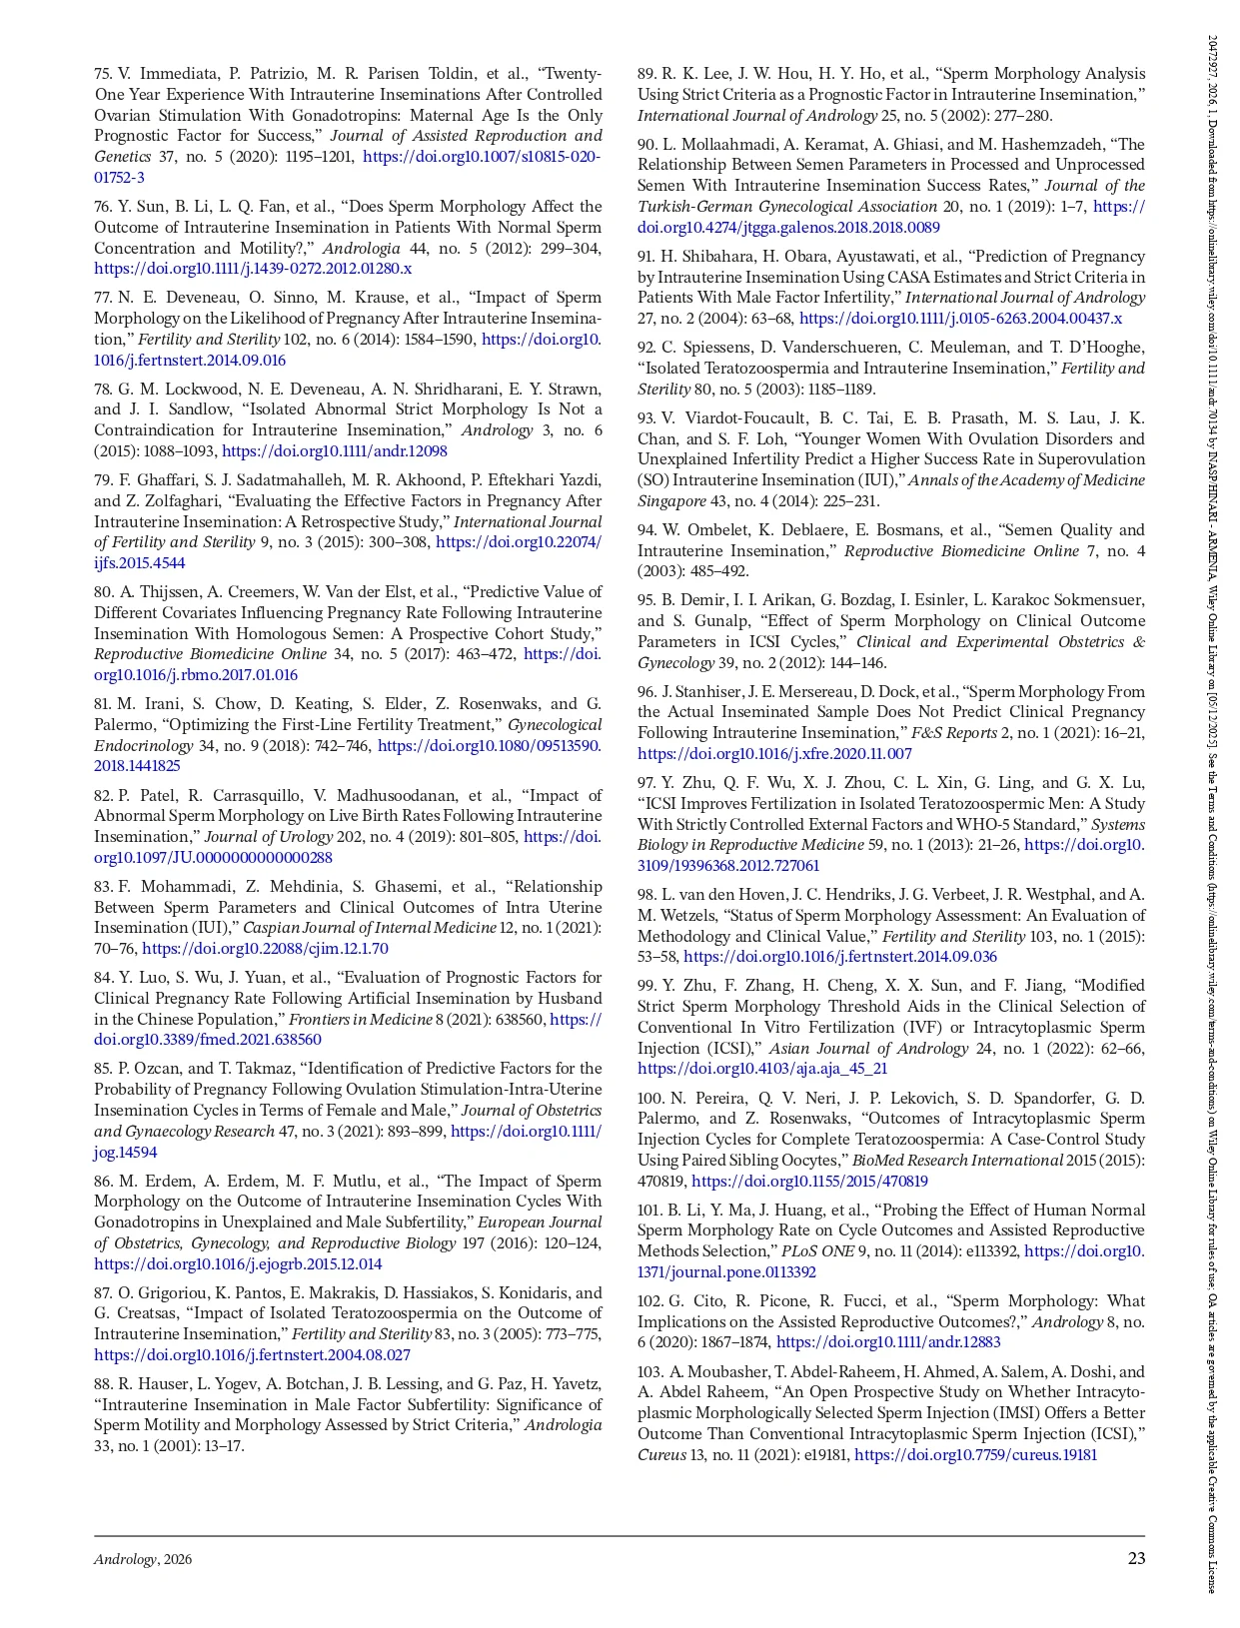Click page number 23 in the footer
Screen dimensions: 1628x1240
pos(1136,1558)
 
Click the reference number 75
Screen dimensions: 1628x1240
pos(103,74)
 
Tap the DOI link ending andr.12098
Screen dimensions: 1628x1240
pos(335,451)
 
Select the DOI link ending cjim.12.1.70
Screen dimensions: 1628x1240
pos(265,949)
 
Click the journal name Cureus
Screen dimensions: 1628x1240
pos(660,1455)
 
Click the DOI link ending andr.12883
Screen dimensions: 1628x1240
pos(888,1343)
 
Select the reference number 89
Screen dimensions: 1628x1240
pos(646,74)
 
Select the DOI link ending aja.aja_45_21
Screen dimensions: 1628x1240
pos(762,1069)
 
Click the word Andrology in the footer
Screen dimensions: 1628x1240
pos(125,1560)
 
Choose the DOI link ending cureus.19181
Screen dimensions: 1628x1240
pos(975,1455)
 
